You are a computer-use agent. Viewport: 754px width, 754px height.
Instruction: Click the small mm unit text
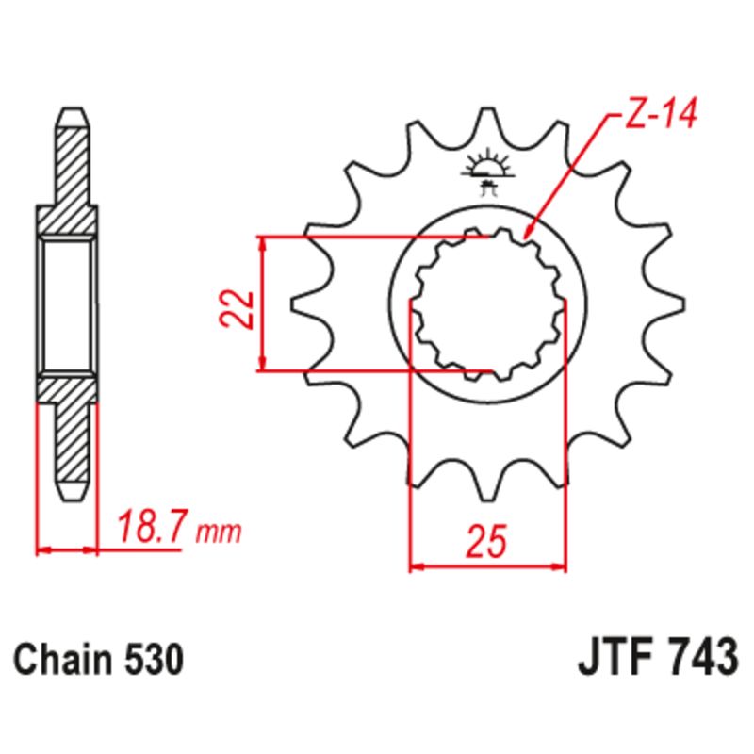(x=219, y=533)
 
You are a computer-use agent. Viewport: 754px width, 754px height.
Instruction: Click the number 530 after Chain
(x=150, y=660)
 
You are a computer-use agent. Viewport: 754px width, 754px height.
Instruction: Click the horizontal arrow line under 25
(x=487, y=567)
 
